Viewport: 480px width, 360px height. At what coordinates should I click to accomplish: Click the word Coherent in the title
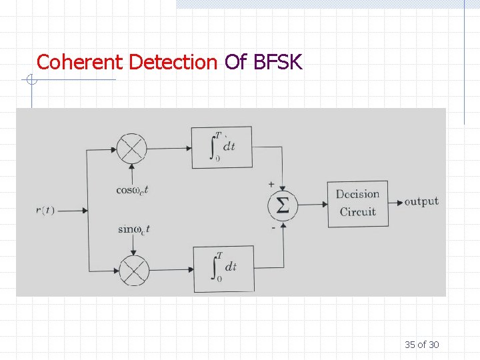[79, 63]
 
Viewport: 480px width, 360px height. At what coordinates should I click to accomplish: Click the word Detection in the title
[173, 63]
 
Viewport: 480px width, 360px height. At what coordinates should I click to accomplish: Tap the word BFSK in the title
[278, 63]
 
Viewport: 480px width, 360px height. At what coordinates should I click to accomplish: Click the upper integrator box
[222, 147]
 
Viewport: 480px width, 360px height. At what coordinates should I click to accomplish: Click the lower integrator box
[224, 269]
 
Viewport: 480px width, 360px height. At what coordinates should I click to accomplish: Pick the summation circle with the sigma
[283, 207]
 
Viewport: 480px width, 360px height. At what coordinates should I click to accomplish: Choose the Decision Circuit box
[357, 203]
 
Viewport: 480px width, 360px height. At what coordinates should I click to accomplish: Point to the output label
[421, 201]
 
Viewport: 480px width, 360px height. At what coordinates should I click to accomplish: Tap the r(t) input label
[45, 211]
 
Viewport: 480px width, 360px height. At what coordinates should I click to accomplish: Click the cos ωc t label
[132, 190]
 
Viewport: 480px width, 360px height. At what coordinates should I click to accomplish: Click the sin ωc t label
[134, 229]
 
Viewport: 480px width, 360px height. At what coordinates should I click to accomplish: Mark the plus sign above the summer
[271, 183]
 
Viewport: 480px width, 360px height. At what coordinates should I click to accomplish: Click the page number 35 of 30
[421, 345]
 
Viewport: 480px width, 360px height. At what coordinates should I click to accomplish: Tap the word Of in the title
[236, 63]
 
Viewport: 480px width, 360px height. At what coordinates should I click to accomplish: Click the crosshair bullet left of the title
[29, 81]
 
